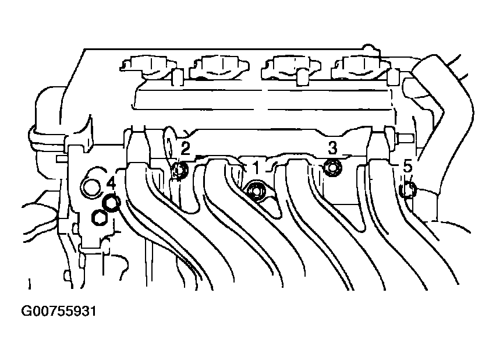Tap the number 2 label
pyautogui.click(x=185, y=148)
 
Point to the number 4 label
pyautogui.click(x=110, y=185)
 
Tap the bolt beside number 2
pyautogui.click(x=180, y=170)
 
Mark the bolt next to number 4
pyautogui.click(x=111, y=203)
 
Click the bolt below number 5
pyautogui.click(x=409, y=189)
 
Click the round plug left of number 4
pyautogui.click(x=91, y=187)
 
